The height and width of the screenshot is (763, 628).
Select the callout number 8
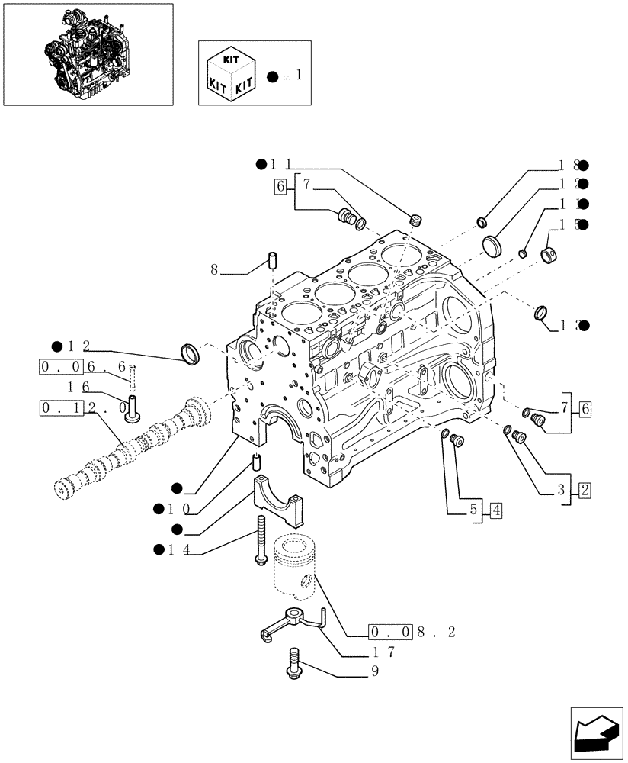(214, 269)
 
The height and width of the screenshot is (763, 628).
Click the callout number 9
(374, 671)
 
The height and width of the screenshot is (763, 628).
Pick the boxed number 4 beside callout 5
(495, 510)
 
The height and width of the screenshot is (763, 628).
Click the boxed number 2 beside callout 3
(584, 490)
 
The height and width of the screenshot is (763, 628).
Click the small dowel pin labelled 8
(271, 259)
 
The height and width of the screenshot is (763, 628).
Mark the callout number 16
(74, 388)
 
